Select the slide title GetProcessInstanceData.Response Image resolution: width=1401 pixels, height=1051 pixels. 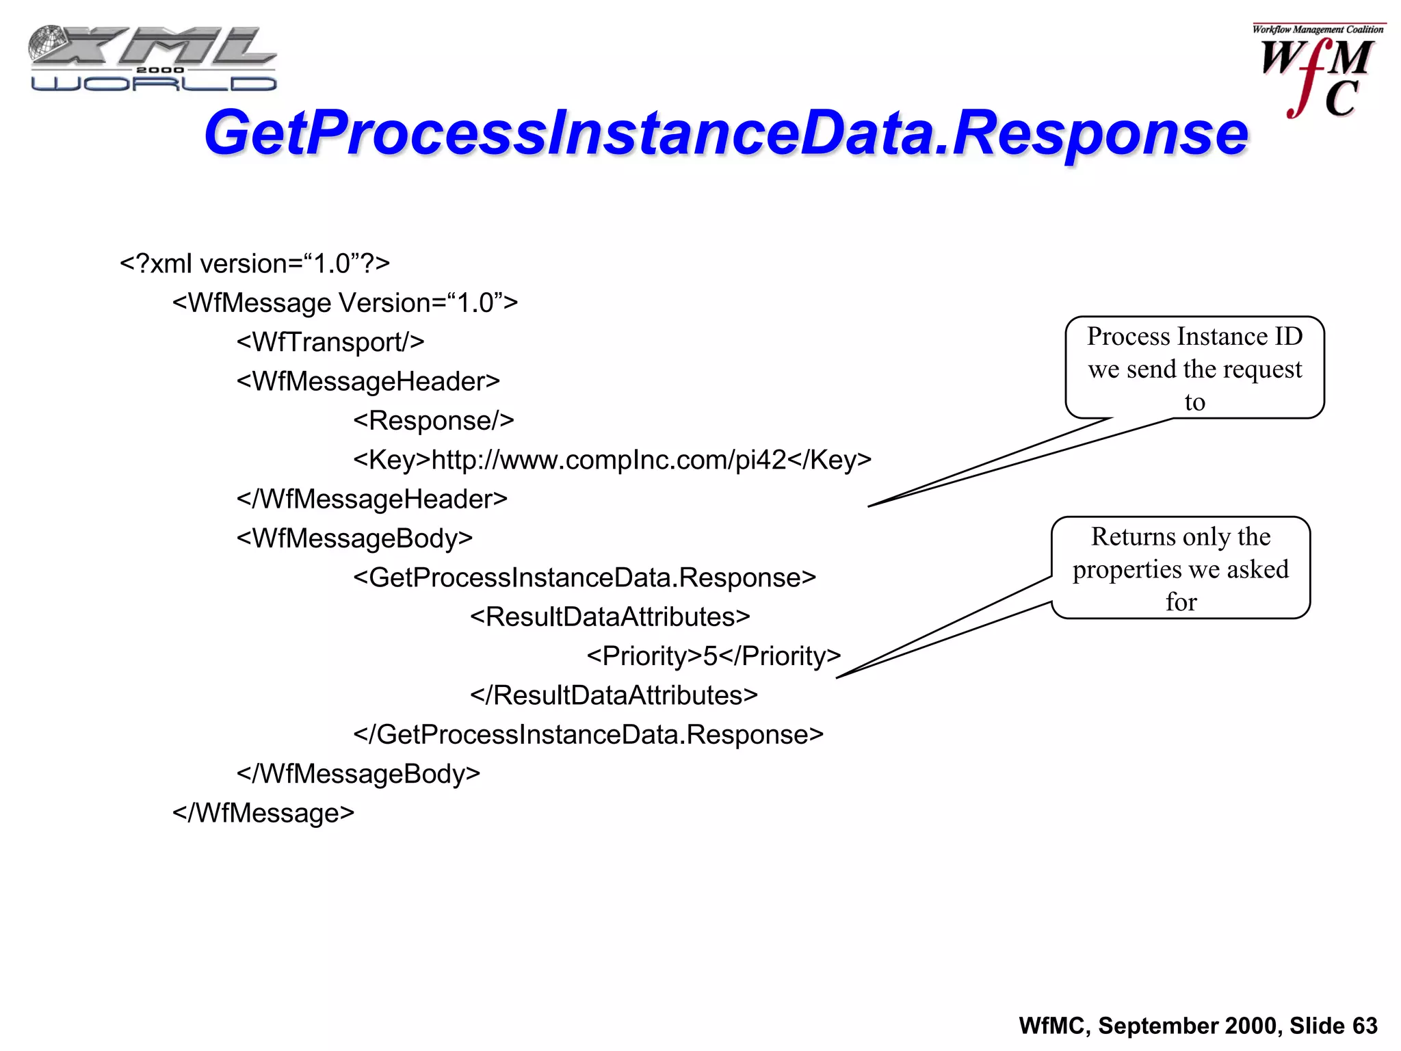click(726, 133)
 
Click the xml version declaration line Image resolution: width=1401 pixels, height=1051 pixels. click(254, 263)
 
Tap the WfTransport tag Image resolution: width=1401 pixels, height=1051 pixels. click(330, 342)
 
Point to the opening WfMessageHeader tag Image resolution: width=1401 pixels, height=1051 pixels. click(368, 381)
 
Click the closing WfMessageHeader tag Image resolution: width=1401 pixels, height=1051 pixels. click(371, 499)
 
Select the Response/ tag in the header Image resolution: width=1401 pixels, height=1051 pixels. click(433, 420)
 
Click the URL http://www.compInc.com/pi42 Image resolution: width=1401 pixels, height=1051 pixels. click(609, 460)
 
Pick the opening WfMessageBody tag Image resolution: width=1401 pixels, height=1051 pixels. click(354, 538)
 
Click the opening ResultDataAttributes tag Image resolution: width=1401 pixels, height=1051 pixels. click(610, 617)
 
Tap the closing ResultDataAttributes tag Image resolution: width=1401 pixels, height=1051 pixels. click(614, 695)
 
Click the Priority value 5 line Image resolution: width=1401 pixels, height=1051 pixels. click(713, 656)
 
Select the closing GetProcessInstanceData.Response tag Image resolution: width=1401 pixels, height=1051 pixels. click(588, 734)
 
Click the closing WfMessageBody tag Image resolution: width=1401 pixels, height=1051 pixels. click(358, 773)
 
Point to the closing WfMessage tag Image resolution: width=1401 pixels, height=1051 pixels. click(263, 813)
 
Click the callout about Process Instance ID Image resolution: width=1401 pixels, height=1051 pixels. click(1194, 368)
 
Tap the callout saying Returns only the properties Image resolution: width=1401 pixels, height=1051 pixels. click(1181, 568)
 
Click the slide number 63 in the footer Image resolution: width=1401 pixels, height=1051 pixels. click(1364, 1026)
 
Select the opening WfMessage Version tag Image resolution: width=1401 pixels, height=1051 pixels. click(345, 303)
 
